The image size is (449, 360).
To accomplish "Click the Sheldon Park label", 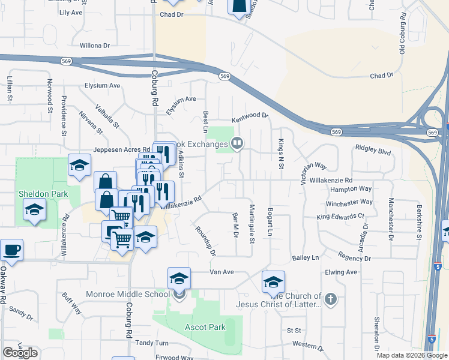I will [x=41, y=194].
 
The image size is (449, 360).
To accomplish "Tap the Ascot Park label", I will [x=205, y=327].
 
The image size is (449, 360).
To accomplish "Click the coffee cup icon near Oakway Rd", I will [x=11, y=250].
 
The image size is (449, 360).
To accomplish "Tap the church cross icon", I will [x=330, y=298].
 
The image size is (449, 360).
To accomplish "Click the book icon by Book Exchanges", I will [x=238, y=143].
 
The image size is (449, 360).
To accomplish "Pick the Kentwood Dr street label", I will [x=250, y=115].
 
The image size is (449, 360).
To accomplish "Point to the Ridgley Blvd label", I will [x=373, y=147].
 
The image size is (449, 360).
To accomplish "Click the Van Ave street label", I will [x=221, y=272].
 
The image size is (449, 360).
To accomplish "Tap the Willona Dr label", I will [x=95, y=45].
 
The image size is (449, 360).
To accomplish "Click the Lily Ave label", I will [x=71, y=13].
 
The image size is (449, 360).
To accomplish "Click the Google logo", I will [x=20, y=353].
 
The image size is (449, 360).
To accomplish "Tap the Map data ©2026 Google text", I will [x=412, y=355].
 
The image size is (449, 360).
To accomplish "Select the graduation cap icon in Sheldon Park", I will [x=34, y=210].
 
